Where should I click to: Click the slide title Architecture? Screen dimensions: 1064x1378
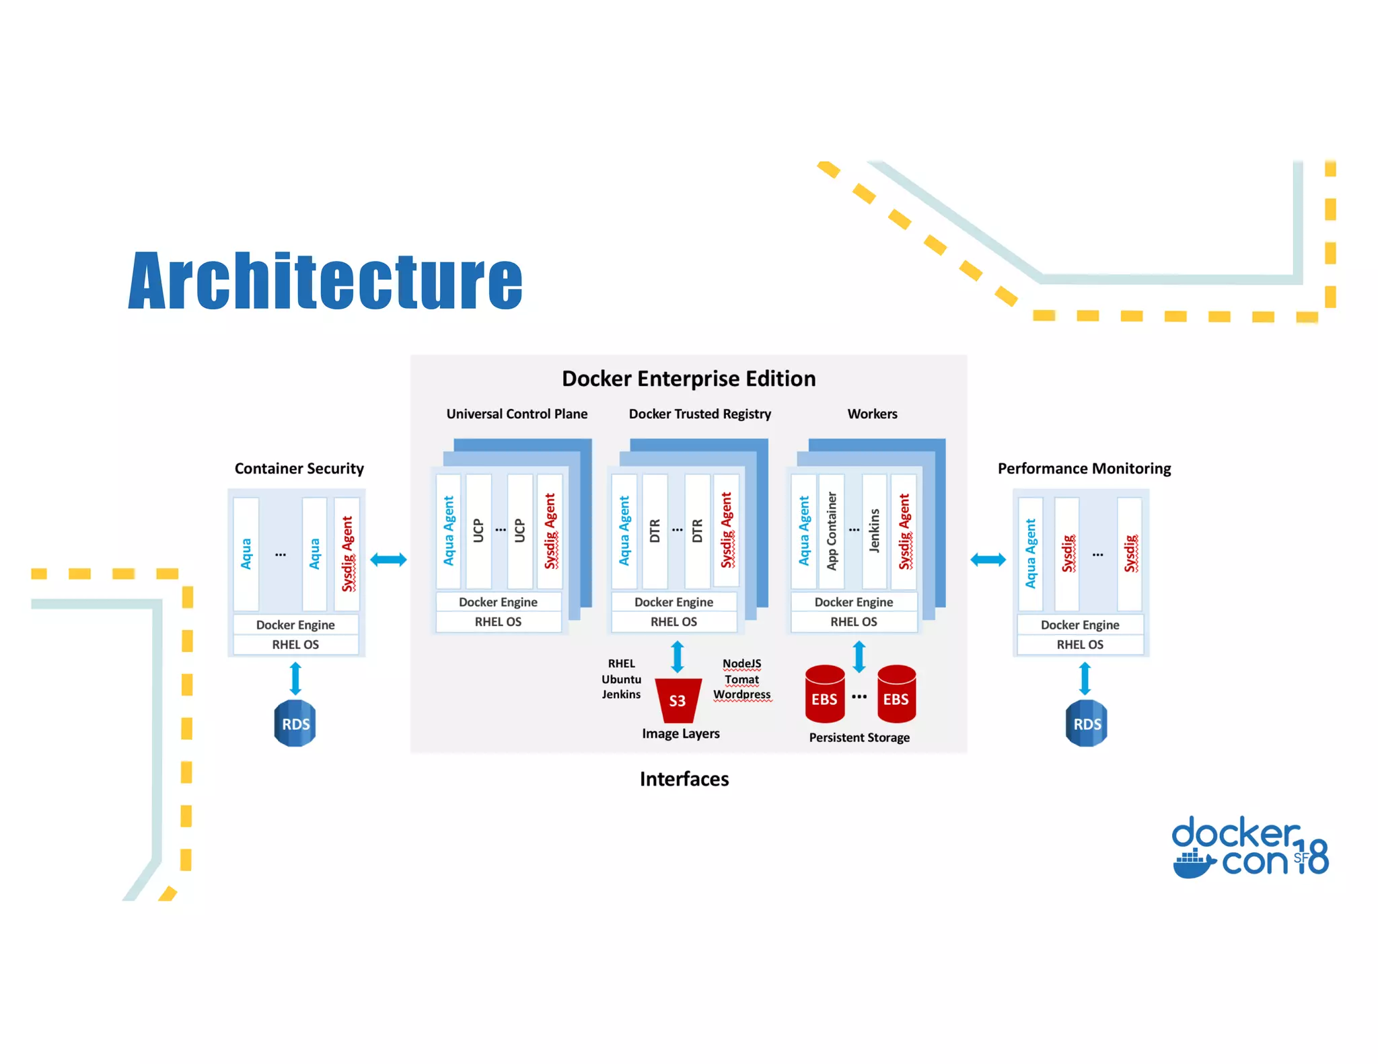click(x=325, y=280)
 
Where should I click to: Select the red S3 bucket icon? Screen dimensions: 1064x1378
click(x=678, y=700)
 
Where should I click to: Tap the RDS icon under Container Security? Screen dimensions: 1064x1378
click(x=295, y=724)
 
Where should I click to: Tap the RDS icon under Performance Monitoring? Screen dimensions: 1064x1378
click(x=1086, y=724)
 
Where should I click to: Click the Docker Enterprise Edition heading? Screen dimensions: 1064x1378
click(x=688, y=379)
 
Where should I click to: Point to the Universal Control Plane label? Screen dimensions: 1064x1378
click(x=517, y=414)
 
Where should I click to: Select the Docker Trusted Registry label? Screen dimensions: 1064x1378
click(x=700, y=414)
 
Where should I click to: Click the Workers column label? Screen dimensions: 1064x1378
click(x=872, y=414)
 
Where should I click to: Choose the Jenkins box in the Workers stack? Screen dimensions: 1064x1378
click(x=874, y=531)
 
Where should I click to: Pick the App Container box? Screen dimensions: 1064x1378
click(x=832, y=531)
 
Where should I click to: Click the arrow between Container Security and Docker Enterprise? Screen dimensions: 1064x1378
click(x=388, y=559)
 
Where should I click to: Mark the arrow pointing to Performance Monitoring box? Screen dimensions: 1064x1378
click(x=988, y=559)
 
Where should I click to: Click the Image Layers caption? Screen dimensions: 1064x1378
click(x=680, y=734)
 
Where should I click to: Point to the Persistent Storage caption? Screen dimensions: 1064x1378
click(x=859, y=738)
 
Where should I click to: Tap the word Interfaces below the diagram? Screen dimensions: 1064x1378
click(x=684, y=779)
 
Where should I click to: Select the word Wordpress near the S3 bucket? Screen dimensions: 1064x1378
click(x=742, y=694)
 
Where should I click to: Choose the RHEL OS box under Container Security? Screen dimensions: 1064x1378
click(x=295, y=644)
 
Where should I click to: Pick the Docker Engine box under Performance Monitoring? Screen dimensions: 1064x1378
click(x=1080, y=625)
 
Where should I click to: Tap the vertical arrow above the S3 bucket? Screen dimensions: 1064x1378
click(x=678, y=656)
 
